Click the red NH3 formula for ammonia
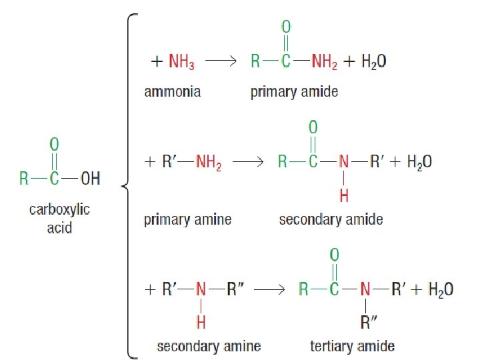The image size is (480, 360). click(183, 62)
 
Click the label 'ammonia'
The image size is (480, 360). click(172, 92)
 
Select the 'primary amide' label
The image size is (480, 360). click(294, 92)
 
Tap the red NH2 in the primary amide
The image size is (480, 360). click(324, 62)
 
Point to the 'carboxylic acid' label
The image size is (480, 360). click(59, 219)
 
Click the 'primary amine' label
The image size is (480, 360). click(188, 220)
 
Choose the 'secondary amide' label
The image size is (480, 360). click(331, 220)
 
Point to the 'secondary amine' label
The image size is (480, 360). click(208, 346)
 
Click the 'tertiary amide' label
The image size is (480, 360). click(352, 346)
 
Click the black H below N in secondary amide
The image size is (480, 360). click(344, 195)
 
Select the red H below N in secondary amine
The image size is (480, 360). click(200, 323)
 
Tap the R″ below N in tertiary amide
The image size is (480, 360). click(369, 323)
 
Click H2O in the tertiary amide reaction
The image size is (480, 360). click(441, 289)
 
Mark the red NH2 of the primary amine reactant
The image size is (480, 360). click(209, 162)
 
